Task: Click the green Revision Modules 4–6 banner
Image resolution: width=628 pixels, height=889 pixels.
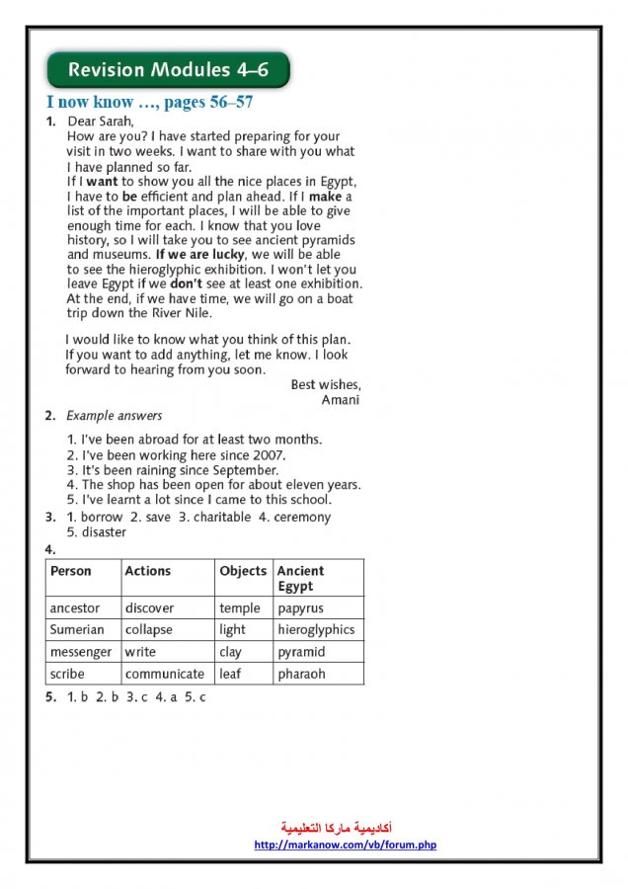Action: click(168, 70)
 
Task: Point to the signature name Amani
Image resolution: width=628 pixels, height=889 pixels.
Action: click(341, 400)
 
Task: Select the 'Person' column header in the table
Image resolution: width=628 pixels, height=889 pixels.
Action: click(71, 571)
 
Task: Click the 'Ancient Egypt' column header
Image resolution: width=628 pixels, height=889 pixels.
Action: click(300, 578)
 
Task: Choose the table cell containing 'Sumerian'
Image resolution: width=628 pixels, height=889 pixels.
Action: click(77, 629)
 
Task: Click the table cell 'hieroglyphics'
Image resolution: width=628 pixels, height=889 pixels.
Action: click(316, 629)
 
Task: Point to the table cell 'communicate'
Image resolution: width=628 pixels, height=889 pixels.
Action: click(165, 674)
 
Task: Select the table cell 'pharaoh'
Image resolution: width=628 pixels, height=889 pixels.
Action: click(301, 674)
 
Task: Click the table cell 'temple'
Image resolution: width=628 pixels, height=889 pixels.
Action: click(240, 608)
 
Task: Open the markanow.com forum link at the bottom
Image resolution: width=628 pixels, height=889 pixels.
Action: click(345, 845)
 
